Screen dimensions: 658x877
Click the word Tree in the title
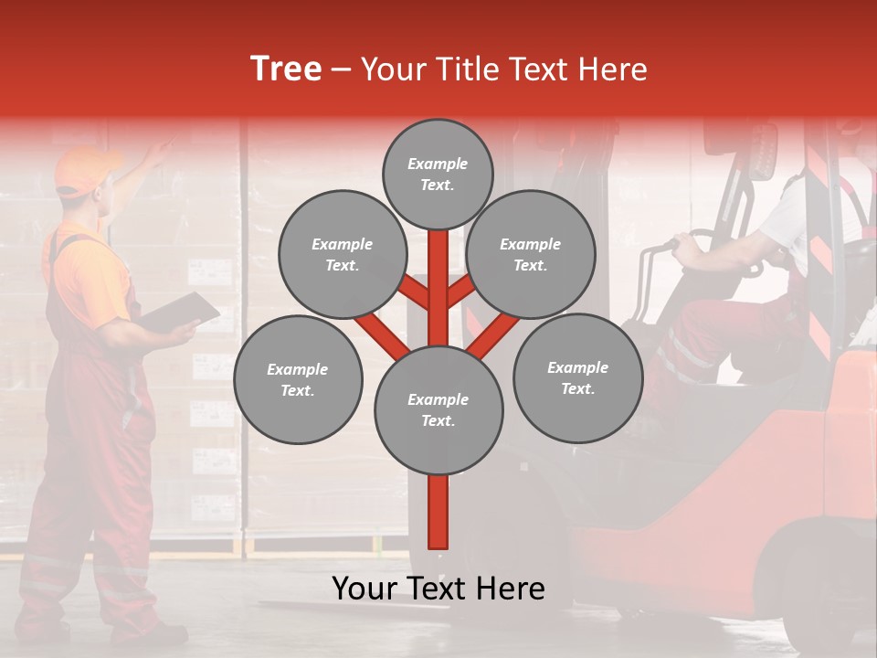pos(286,69)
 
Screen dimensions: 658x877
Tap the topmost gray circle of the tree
pos(438,174)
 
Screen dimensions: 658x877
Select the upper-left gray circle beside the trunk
pos(343,254)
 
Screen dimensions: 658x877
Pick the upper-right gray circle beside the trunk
pos(531,254)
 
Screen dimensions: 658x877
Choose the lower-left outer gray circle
pos(298,379)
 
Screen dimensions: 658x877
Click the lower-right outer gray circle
pos(577,377)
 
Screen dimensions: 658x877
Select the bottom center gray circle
pos(438,409)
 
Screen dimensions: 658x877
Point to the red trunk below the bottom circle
pos(438,512)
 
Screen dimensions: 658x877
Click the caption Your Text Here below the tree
pos(438,589)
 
